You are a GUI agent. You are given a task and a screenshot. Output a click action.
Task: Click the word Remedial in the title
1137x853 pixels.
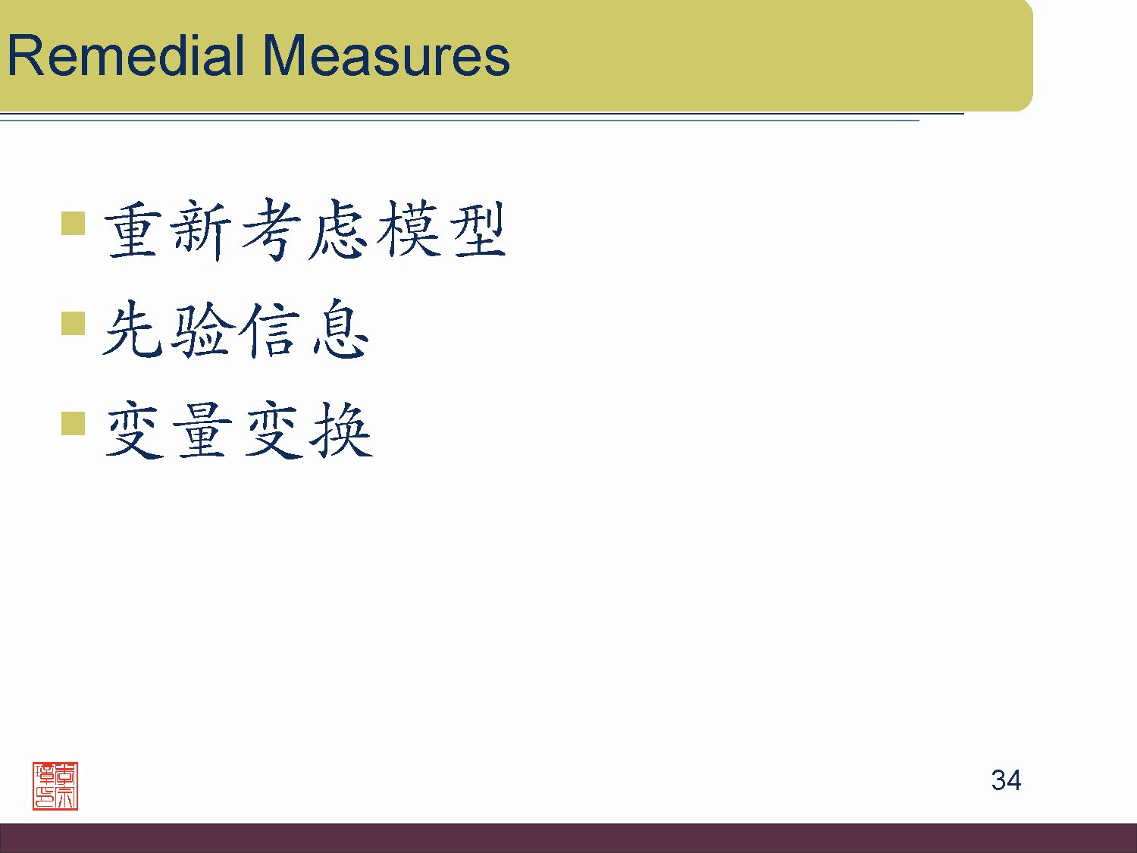click(126, 55)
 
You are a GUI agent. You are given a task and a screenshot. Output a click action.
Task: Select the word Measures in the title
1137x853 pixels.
click(387, 55)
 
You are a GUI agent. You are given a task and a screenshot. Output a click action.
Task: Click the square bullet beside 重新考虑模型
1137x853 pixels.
click(73, 223)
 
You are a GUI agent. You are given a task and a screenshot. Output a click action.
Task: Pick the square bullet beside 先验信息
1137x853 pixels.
click(73, 323)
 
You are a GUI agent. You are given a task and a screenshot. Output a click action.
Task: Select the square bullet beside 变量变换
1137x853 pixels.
click(73, 423)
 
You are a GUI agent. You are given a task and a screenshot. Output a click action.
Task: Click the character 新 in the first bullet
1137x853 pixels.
click(201, 230)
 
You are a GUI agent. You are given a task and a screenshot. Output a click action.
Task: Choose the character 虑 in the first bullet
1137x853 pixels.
click(338, 229)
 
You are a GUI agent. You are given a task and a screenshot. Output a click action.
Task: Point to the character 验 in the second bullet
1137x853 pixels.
click(203, 329)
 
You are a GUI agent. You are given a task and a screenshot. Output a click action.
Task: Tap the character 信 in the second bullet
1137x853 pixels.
click(269, 329)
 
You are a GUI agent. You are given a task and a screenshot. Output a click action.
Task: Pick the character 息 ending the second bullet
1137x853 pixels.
click(341, 328)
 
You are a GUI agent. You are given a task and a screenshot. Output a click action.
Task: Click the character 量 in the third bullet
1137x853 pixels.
click(202, 429)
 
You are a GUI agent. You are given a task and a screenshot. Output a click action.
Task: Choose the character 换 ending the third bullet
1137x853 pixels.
click(341, 429)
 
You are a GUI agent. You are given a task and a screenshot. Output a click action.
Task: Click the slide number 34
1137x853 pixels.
click(1006, 780)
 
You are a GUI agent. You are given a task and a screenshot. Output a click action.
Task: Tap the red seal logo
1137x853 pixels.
click(55, 786)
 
